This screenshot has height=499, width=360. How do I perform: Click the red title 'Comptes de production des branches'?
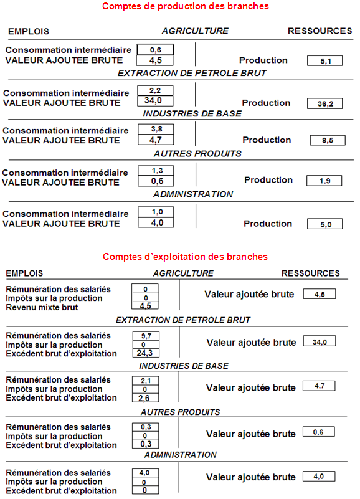[x=185, y=6]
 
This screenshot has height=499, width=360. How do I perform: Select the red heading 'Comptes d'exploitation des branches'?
[x=185, y=257]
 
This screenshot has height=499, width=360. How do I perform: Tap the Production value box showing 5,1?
[x=324, y=61]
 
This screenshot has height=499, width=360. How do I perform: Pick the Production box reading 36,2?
[x=324, y=103]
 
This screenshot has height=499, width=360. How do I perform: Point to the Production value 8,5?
[x=328, y=140]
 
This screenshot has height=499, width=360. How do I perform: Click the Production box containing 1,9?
[x=324, y=181]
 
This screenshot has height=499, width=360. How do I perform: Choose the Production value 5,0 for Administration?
[x=324, y=224]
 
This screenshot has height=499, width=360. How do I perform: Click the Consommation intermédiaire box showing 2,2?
[x=155, y=90]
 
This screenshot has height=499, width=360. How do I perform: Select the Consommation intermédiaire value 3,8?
[x=156, y=129]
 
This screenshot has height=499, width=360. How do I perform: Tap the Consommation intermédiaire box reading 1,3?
[x=156, y=171]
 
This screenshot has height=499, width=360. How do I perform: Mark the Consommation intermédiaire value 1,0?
[x=156, y=212]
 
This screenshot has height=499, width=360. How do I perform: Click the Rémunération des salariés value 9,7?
[x=146, y=336]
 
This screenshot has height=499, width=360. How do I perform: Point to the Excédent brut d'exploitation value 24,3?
[x=146, y=353]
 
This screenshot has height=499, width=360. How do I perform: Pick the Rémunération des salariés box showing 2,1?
[x=146, y=381]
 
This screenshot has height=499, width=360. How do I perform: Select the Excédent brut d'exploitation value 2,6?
[x=146, y=398]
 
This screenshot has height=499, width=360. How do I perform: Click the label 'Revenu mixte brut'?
[x=42, y=307]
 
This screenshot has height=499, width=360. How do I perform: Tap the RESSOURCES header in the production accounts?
[x=320, y=31]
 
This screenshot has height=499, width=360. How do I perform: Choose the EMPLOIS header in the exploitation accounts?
[x=24, y=273]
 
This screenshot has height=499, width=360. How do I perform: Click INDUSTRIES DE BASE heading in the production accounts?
[x=192, y=113]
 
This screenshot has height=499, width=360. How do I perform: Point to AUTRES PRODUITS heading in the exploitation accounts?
[x=180, y=412]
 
